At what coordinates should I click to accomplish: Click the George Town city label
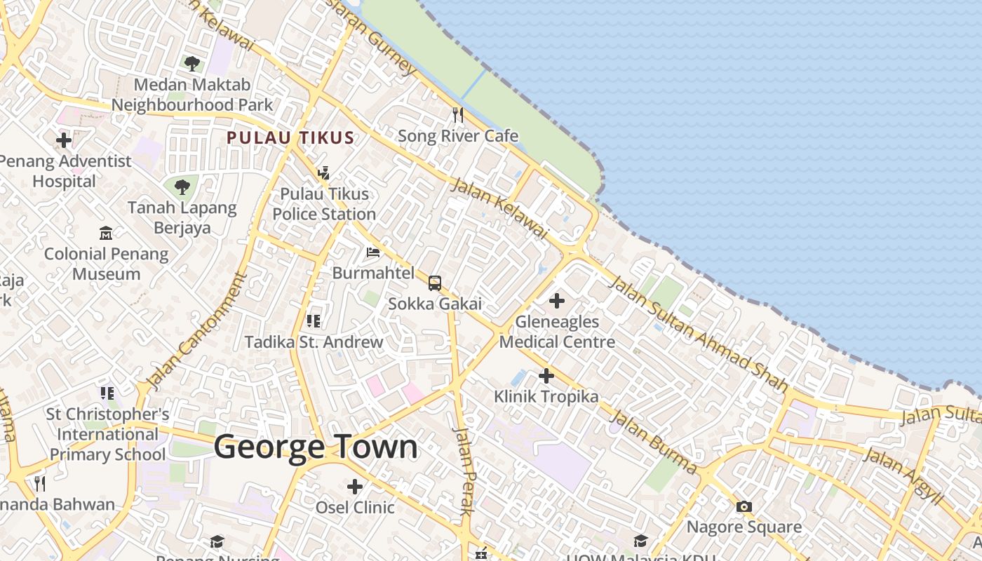(316, 447)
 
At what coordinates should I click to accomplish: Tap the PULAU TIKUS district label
(290, 137)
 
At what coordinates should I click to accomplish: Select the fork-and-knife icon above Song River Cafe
(458, 114)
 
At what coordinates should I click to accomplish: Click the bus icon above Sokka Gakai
(435, 283)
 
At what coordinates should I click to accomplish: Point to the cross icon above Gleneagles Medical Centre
(557, 301)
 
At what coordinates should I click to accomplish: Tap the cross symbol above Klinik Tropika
(546, 376)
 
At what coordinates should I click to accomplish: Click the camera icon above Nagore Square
(744, 506)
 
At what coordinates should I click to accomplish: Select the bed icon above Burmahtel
(373, 252)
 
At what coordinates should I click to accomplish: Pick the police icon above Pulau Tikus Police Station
(323, 173)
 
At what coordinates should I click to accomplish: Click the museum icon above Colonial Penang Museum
(106, 233)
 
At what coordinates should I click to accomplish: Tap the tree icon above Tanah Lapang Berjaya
(182, 187)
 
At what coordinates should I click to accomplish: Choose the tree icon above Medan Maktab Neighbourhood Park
(191, 64)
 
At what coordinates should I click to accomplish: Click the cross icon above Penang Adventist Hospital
(64, 140)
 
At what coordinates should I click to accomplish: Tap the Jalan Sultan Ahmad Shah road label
(697, 333)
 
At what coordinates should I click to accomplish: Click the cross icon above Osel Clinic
(355, 486)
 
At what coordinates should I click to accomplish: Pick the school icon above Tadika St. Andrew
(314, 321)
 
